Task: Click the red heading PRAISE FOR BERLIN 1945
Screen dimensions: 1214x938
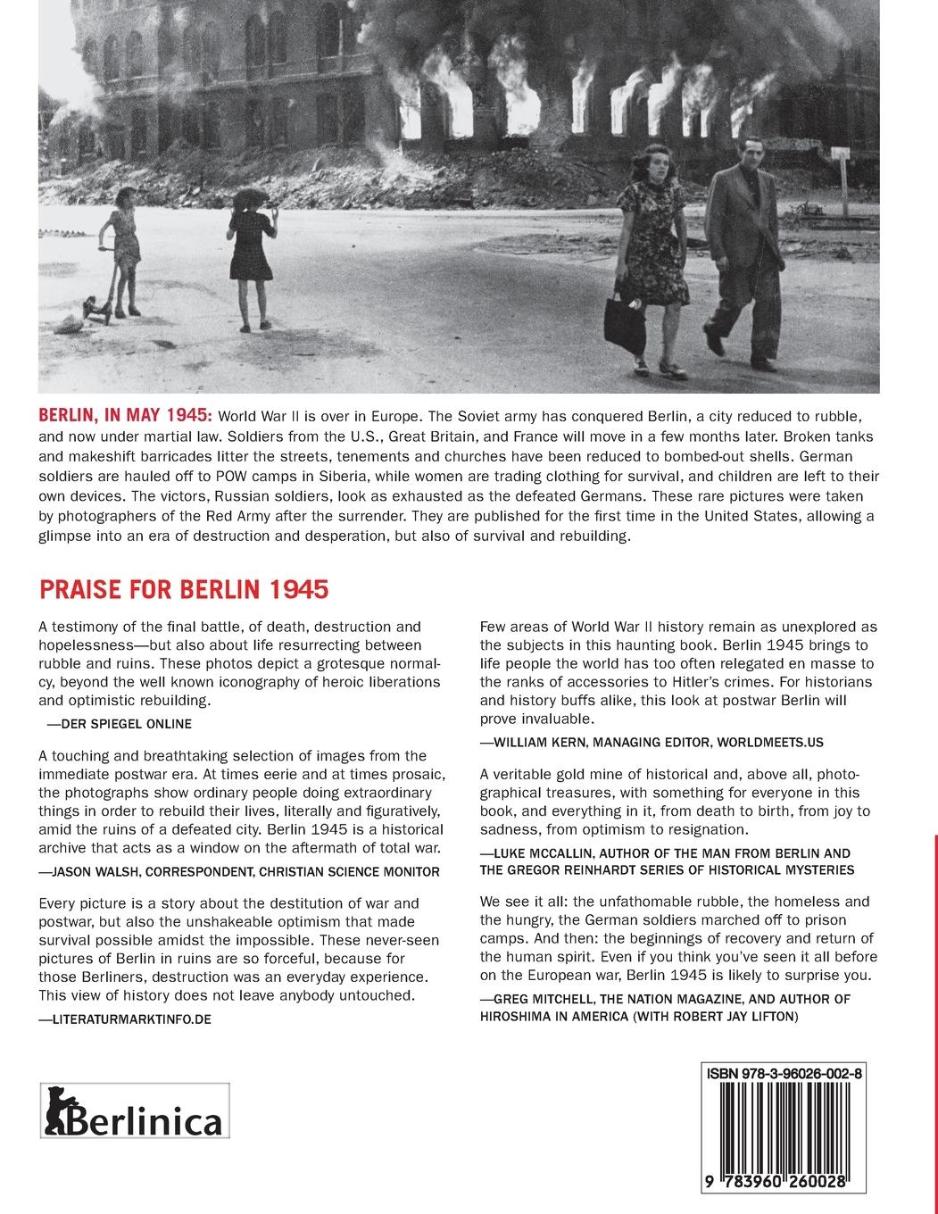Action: tap(184, 590)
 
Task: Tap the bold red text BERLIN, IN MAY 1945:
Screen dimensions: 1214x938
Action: tap(125, 416)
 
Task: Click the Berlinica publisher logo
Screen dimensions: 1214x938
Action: tap(135, 1110)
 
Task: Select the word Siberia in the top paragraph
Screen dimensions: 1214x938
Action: tap(360, 476)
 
